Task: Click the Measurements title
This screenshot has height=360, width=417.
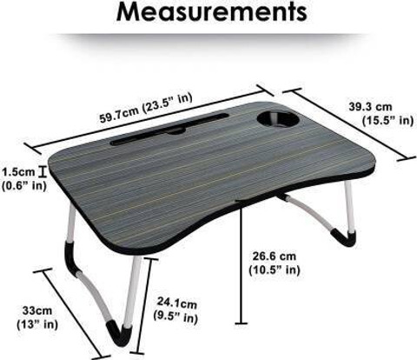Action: click(x=212, y=11)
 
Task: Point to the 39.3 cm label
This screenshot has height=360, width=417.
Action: click(x=370, y=107)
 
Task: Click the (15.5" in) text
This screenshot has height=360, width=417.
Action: click(x=388, y=120)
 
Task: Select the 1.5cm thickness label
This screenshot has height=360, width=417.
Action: click(x=19, y=172)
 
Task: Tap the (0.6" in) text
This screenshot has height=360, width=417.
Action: click(x=24, y=185)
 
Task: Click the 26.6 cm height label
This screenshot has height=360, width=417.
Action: click(x=275, y=257)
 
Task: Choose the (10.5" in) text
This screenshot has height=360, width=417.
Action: click(x=275, y=270)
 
